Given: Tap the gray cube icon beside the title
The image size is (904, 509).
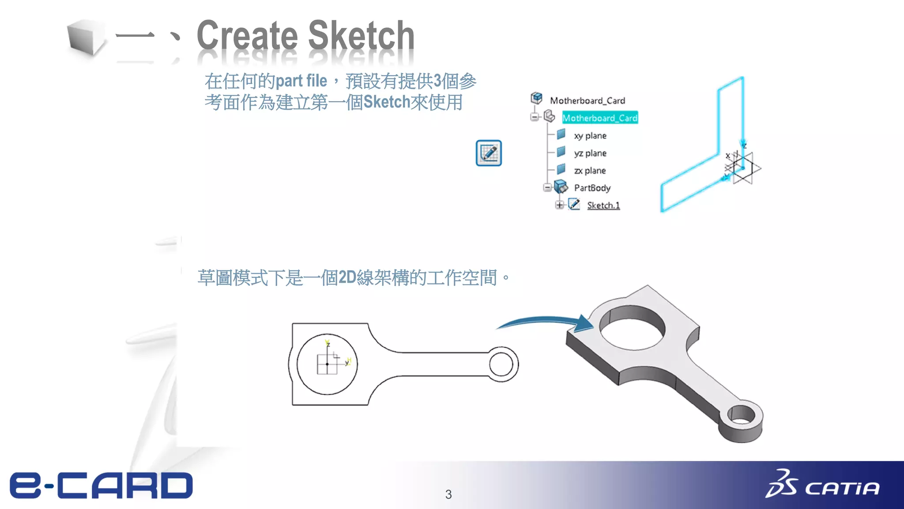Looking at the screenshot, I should tap(86, 38).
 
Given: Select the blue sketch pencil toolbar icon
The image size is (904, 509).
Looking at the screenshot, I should tap(489, 153).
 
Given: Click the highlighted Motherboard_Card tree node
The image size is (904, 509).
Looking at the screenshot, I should tap(599, 118).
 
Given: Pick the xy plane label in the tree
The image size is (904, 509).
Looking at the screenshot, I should tap(590, 136).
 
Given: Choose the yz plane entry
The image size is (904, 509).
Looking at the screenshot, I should tap(590, 153).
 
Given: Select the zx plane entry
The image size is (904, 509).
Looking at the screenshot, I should tap(590, 171).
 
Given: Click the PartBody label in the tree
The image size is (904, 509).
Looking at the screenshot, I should tap(592, 188).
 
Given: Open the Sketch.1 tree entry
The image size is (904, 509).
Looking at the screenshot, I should tap(603, 205).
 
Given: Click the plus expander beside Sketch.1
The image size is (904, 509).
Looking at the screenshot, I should tap(559, 205).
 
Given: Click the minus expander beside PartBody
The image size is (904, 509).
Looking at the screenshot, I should tap(547, 187).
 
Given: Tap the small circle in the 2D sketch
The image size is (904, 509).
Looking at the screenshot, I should tap(501, 365).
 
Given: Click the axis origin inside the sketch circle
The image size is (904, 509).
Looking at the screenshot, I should tap(327, 364).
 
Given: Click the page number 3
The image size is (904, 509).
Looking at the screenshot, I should tap(448, 494).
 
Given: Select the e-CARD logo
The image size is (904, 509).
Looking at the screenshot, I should tap(102, 486).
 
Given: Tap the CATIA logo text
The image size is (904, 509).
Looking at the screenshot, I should tap(842, 488).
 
